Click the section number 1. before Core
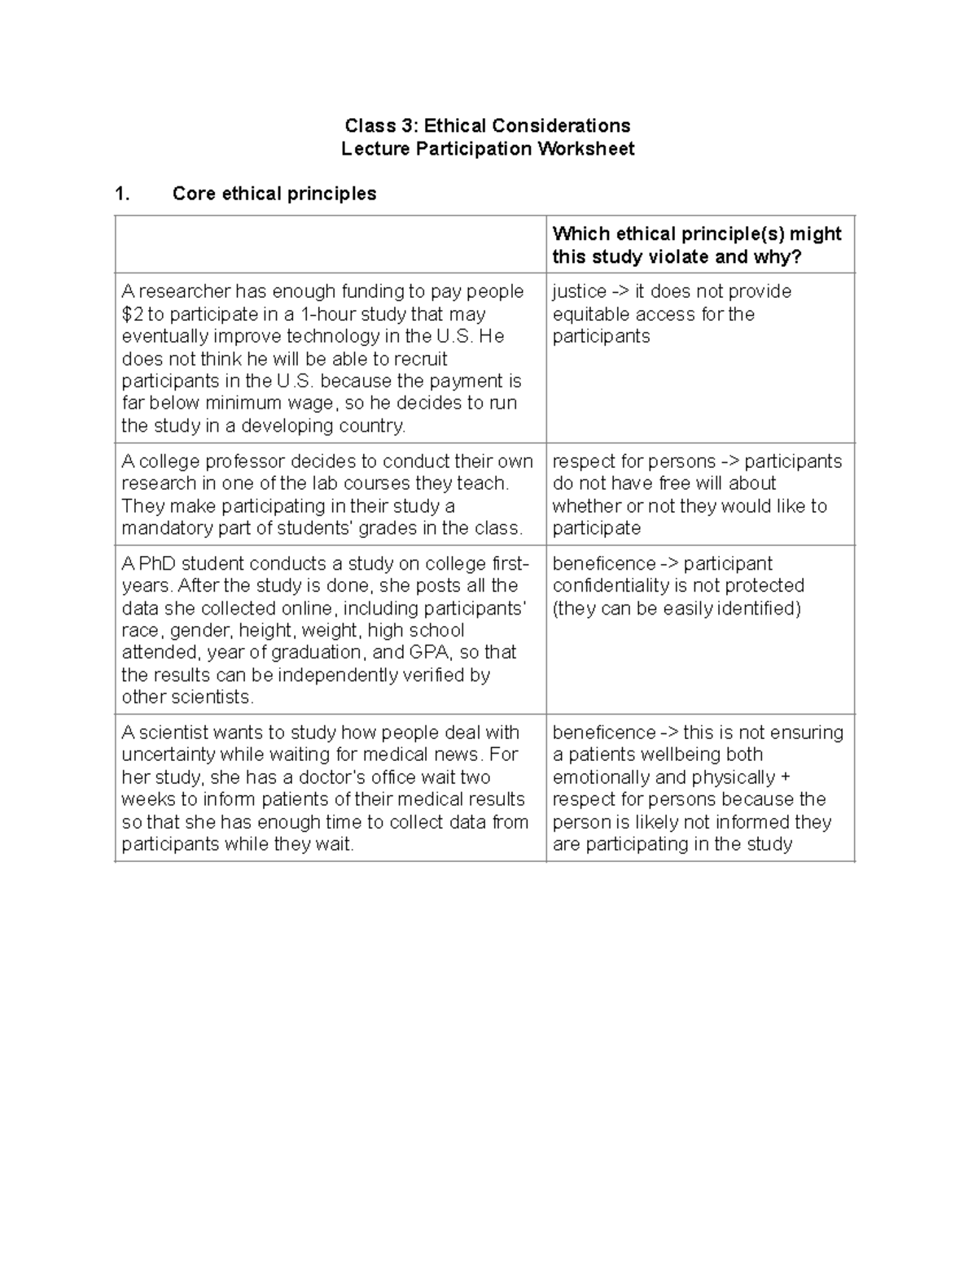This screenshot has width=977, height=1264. tap(122, 194)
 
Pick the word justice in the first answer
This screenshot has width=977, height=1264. tap(579, 291)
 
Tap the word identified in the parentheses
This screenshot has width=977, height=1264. tap(756, 609)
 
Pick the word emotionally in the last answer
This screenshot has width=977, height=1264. tap(601, 777)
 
